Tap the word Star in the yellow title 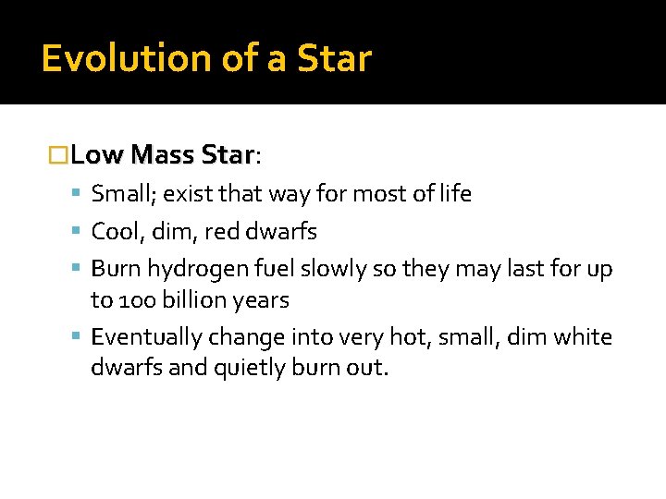pos(334,58)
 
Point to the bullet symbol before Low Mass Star pos(58,154)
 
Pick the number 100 pos(134,300)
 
